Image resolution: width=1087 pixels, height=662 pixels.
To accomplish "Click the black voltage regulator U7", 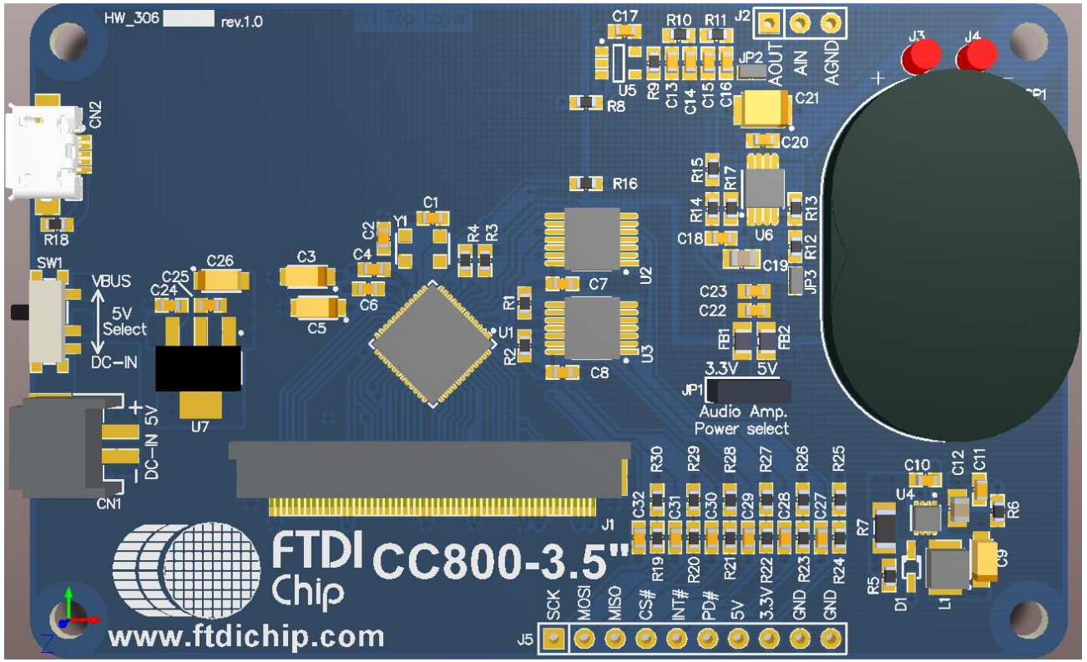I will (x=199, y=368).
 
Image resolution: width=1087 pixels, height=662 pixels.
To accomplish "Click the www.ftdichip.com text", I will (x=246, y=638).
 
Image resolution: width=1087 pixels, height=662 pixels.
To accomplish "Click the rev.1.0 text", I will (x=241, y=23).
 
